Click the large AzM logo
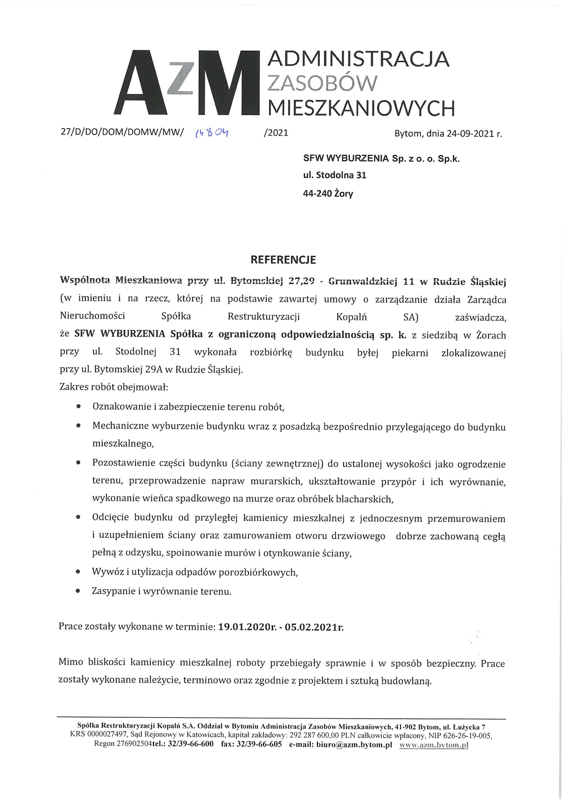point(187,82)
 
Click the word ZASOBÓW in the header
point(322,83)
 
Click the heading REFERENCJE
point(283,260)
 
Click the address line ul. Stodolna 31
point(334,175)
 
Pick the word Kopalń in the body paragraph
point(351,317)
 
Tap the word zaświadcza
point(480,318)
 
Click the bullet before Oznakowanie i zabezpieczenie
point(78,407)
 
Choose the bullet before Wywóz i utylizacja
point(78,572)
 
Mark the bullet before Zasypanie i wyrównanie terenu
point(78,591)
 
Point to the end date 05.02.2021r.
point(314,627)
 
